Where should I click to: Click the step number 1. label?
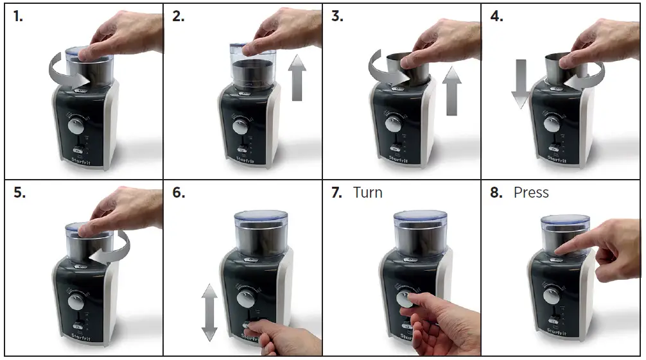[x=18, y=17]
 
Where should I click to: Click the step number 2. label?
[x=178, y=17]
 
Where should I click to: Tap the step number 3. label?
[x=337, y=17]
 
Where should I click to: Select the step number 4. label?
[x=497, y=17]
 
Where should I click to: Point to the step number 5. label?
[x=18, y=193]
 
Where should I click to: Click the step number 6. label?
[x=178, y=193]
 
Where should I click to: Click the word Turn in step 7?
[x=368, y=193]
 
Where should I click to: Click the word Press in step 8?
[x=531, y=193]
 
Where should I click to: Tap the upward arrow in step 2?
[x=297, y=78]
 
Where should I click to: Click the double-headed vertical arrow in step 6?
[x=209, y=313]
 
